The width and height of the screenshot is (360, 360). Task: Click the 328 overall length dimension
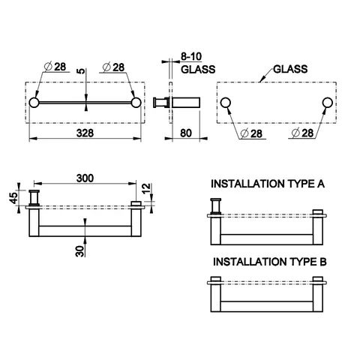click(x=85, y=133)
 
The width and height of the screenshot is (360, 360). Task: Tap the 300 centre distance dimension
click(x=85, y=178)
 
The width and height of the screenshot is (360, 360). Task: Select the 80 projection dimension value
click(x=186, y=133)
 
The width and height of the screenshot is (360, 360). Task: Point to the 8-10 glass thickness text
click(x=191, y=56)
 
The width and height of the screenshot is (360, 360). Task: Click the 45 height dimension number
click(x=14, y=197)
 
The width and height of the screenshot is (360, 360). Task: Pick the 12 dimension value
click(x=146, y=189)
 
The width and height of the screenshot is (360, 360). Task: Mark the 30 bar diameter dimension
click(x=79, y=251)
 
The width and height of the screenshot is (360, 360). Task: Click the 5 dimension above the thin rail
click(x=81, y=71)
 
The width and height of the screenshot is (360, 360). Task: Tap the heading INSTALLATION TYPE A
click(x=268, y=184)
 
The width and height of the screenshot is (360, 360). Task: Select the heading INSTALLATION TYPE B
click(x=270, y=262)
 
